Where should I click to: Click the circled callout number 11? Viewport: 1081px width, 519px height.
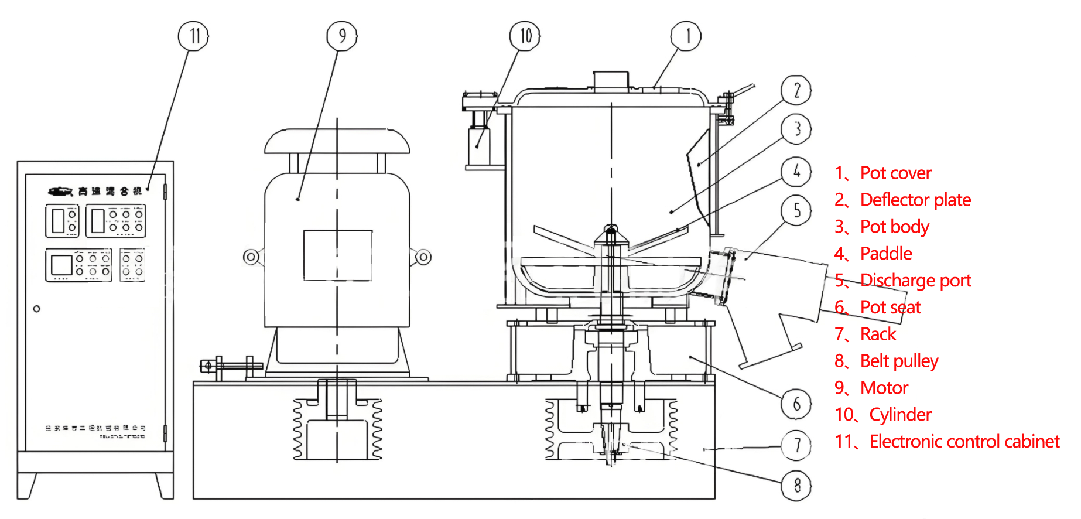pyautogui.click(x=193, y=36)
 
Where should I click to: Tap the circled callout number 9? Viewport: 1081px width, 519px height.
pyautogui.click(x=342, y=36)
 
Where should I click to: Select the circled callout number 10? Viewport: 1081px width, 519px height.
pyautogui.click(x=525, y=36)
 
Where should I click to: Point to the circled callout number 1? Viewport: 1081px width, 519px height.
pyautogui.click(x=686, y=36)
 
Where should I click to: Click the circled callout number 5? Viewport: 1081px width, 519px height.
pyautogui.click(x=796, y=210)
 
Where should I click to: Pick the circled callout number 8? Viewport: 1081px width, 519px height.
pyautogui.click(x=796, y=485)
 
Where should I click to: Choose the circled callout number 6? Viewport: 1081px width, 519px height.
pyautogui.click(x=796, y=404)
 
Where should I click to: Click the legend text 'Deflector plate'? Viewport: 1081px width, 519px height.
pyautogui.click(x=915, y=200)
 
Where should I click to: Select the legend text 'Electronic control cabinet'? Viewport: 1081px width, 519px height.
pyautogui.click(x=964, y=441)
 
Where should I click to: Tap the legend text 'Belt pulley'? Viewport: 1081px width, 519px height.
pyautogui.click(x=899, y=361)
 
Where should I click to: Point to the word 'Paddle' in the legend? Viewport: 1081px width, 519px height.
pyautogui.click(x=886, y=254)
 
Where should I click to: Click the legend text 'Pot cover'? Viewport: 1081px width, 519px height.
pyautogui.click(x=895, y=173)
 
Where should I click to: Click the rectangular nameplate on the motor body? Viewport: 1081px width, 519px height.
pyautogui.click(x=338, y=255)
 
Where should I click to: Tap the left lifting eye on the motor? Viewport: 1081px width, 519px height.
pyautogui.click(x=251, y=257)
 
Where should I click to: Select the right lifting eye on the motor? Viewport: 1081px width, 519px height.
pyautogui.click(x=423, y=257)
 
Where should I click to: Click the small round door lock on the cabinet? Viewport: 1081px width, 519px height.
pyautogui.click(x=37, y=309)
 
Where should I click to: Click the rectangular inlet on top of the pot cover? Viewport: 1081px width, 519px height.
pyautogui.click(x=611, y=80)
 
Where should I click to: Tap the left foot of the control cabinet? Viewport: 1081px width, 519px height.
pyautogui.click(x=27, y=486)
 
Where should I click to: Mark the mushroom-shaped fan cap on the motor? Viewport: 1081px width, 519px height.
pyautogui.click(x=337, y=141)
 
